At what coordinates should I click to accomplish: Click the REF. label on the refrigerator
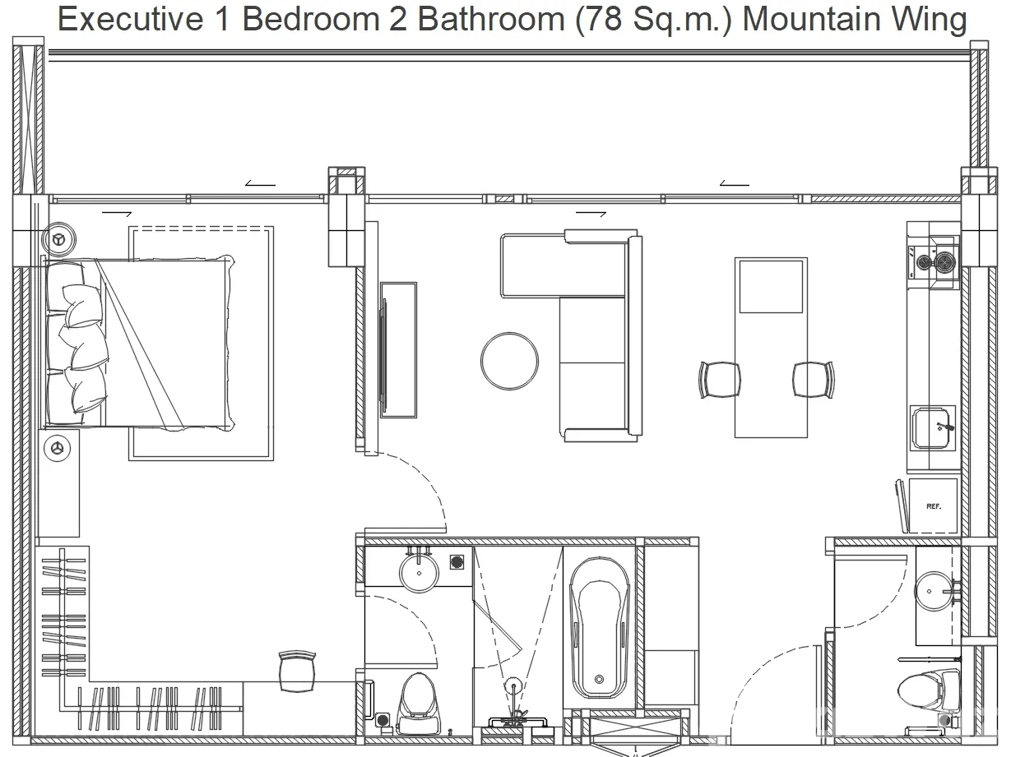coord(933,506)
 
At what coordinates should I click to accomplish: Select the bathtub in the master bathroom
coord(599,629)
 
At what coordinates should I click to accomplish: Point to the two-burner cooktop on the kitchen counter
coord(934,263)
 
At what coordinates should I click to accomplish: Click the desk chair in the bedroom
coord(297,672)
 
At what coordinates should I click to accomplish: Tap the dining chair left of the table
coord(720,380)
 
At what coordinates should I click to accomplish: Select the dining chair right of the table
coord(814,380)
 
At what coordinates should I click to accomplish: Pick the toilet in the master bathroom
coord(418,704)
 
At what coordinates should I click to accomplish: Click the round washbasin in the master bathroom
coord(419,573)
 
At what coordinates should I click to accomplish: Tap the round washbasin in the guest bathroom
coord(934,591)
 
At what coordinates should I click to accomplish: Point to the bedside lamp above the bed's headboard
coord(58,239)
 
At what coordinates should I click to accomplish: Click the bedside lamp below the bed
coord(57,449)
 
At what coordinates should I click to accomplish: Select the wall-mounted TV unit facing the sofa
coord(398,350)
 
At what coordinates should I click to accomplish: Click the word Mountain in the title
coord(812,19)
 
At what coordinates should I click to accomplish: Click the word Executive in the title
coord(130,19)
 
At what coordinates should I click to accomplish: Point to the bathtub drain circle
coord(599,679)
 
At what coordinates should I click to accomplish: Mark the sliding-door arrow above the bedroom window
coord(260,183)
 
